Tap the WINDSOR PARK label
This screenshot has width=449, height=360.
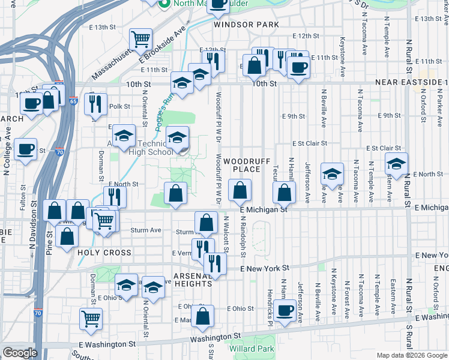(246, 25)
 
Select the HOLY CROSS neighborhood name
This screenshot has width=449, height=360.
(104, 253)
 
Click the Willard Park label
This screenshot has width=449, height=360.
(252, 349)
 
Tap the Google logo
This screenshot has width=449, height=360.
(20, 353)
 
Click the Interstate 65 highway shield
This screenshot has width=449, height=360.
(73, 101)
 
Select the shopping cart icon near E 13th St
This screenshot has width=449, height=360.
(140, 39)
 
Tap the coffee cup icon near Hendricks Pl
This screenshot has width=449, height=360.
(286, 310)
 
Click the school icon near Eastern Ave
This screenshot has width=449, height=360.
(396, 163)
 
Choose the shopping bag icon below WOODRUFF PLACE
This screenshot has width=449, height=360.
(240, 191)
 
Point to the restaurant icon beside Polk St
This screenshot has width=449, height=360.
(96, 104)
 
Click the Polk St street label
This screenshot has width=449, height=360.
(120, 106)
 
